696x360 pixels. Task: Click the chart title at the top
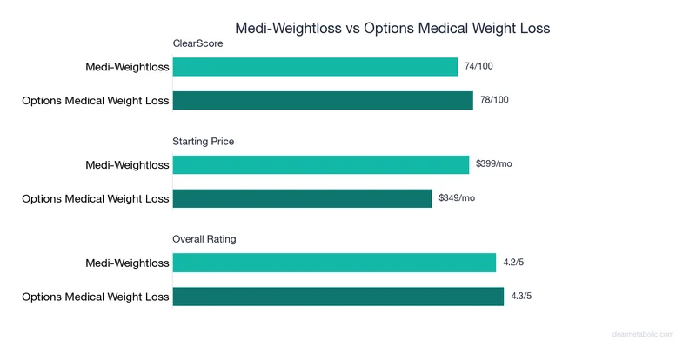pos(392,28)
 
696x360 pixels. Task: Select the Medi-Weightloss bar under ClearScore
pos(315,66)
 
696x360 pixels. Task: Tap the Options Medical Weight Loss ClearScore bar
pos(323,100)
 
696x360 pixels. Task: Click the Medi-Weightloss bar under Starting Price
pos(320,164)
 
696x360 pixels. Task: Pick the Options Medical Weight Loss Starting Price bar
pos(302,198)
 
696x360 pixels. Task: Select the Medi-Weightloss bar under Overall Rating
pos(335,263)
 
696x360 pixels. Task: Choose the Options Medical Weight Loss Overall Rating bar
pos(338,297)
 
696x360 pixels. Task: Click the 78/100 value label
pos(494,100)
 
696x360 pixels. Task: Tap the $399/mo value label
pos(493,164)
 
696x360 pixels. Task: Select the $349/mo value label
pos(457,198)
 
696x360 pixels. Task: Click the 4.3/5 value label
pos(520,297)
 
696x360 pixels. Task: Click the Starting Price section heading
pos(204,141)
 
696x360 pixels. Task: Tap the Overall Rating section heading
pos(204,239)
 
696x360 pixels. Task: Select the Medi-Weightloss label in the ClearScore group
pos(127,66)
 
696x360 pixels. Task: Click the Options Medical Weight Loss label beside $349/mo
pos(95,198)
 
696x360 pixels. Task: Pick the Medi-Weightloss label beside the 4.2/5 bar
pos(127,263)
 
